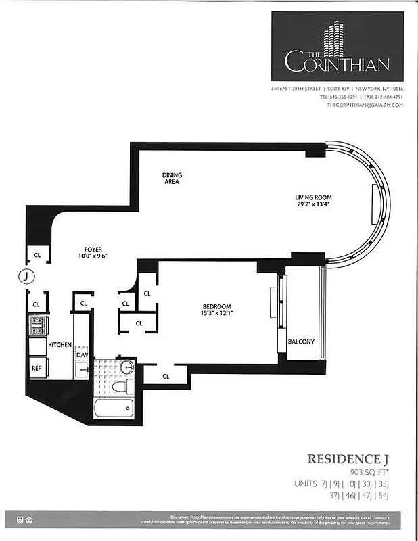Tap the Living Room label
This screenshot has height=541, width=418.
(312, 197)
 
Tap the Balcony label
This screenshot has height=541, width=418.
(301, 342)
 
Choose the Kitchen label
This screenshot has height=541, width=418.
(60, 345)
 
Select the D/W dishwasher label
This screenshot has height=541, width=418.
(82, 354)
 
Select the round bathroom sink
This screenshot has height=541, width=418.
(126, 368)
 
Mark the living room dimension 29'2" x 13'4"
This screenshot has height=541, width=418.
(312, 204)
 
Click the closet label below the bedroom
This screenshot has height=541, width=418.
(165, 375)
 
